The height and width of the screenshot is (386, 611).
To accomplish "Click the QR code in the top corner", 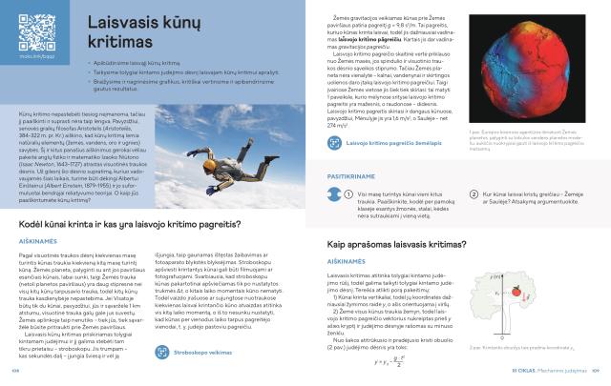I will [30, 28].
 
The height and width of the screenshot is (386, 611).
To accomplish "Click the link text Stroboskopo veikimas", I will [204, 352].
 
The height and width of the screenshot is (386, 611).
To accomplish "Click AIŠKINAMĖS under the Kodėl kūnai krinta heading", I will [37, 241].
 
